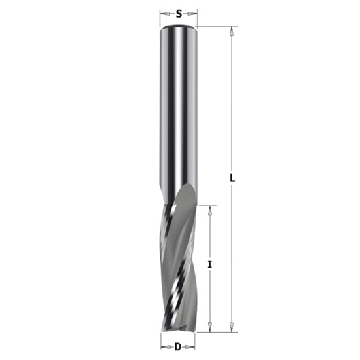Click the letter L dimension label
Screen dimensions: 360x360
233,177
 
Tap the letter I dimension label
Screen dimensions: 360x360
210,264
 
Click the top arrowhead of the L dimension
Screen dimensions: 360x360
232,30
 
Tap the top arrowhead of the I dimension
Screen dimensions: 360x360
210,209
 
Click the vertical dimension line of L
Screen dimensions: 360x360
232,98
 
